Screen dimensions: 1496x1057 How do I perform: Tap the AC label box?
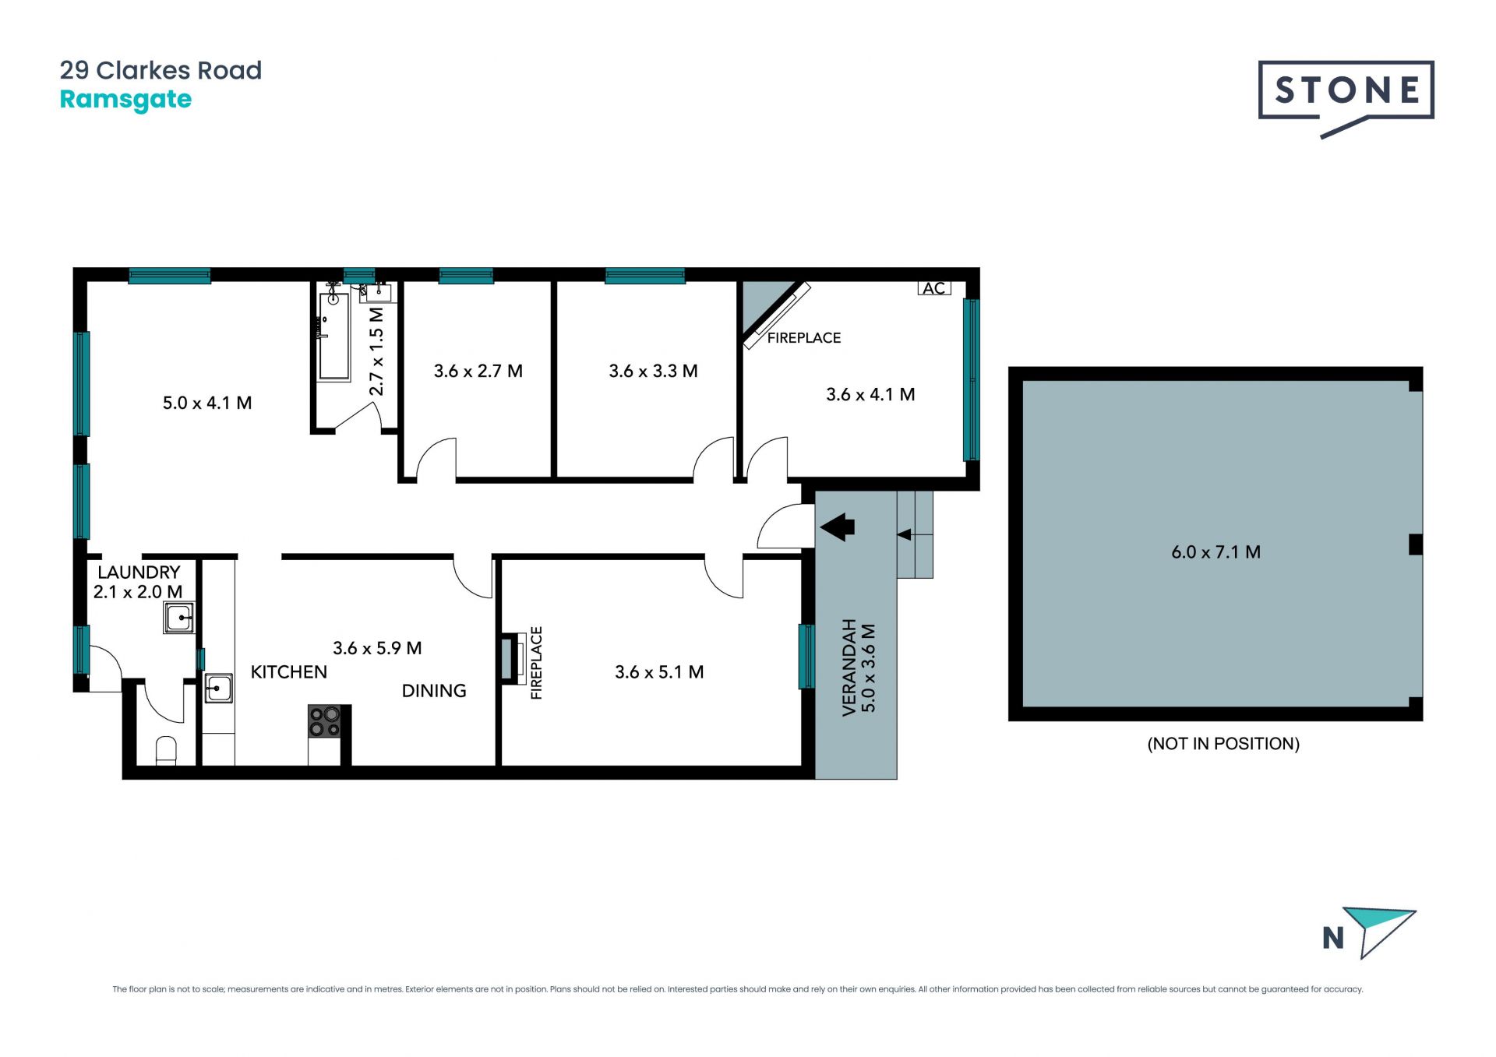(934, 288)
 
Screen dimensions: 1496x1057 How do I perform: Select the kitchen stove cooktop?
(325, 721)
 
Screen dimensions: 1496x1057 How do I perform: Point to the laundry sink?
(179, 618)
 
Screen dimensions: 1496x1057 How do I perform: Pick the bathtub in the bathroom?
(333, 336)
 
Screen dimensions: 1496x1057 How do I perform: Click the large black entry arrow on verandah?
(838, 527)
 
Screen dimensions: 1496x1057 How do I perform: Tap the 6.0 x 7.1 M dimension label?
(1215, 552)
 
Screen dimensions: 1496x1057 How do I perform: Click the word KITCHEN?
(289, 672)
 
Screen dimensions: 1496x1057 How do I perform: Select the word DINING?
(434, 691)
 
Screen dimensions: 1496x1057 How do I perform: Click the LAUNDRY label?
(139, 573)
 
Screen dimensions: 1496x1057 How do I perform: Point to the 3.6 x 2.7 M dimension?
(478, 372)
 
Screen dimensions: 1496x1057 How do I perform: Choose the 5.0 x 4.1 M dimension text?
(207, 403)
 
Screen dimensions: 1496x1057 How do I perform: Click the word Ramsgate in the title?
(125, 100)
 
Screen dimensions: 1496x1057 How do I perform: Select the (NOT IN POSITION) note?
(1223, 744)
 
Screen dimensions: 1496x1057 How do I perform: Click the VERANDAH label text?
(849, 667)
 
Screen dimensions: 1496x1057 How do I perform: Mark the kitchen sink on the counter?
(219, 688)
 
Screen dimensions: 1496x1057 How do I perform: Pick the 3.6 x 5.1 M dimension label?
(659, 672)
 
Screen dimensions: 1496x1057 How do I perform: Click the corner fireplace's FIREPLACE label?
(804, 338)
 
